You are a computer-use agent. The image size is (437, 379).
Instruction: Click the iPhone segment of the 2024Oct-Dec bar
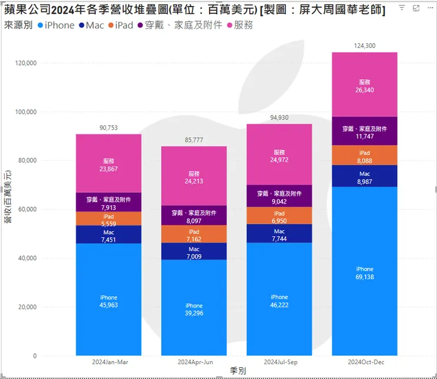click(x=364, y=272)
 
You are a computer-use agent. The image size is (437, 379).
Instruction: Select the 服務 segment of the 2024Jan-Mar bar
click(x=108, y=164)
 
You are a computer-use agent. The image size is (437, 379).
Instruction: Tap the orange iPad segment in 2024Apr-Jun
click(x=194, y=234)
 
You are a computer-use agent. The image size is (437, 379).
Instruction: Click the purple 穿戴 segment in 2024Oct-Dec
click(x=364, y=132)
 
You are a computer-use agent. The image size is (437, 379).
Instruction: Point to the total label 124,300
click(x=364, y=46)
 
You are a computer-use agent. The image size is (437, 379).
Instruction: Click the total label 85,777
click(x=194, y=140)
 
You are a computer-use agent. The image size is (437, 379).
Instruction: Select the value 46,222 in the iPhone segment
click(x=279, y=306)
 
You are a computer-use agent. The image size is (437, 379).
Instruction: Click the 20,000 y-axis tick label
click(x=27, y=307)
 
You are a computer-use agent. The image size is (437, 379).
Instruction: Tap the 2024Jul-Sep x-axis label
click(x=279, y=361)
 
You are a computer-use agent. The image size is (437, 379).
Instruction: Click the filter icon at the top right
click(x=402, y=8)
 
